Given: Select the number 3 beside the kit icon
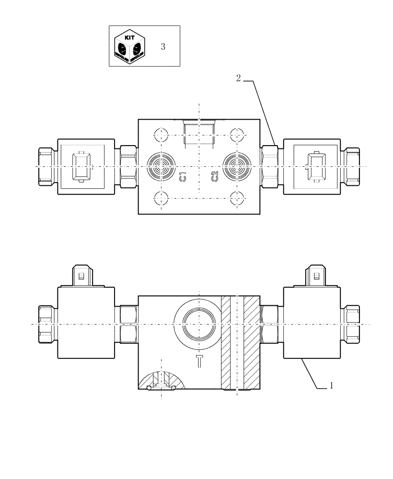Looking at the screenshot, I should [x=163, y=46].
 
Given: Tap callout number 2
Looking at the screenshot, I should [x=238, y=79].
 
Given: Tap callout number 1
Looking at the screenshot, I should [x=330, y=385].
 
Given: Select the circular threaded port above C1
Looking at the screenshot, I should [x=162, y=165].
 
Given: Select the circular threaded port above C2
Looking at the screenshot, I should [x=238, y=165].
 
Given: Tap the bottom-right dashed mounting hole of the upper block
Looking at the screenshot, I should [x=237, y=197].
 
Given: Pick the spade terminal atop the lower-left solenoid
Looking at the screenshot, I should [x=81, y=276].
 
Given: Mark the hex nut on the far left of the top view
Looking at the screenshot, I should [x=46, y=166].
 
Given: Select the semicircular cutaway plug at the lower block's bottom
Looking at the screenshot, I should [x=162, y=381].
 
